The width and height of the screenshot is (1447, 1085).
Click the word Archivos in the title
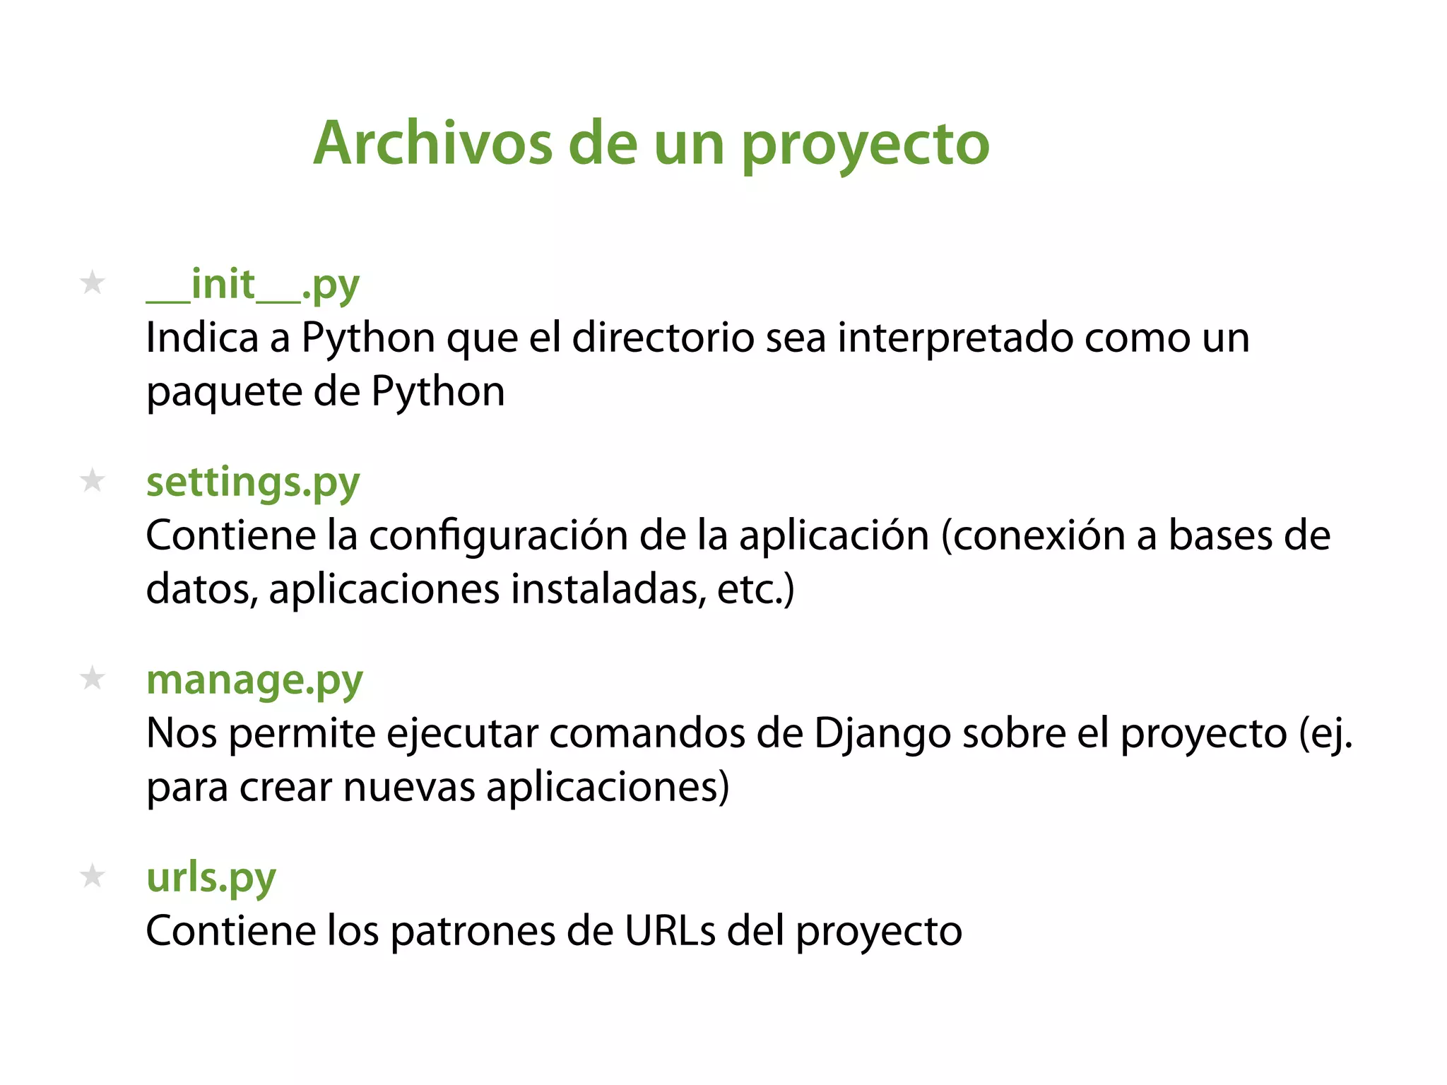tap(432, 143)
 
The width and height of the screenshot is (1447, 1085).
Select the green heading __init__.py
tap(253, 285)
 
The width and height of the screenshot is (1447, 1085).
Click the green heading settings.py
tap(253, 483)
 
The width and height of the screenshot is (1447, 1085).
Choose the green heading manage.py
tap(254, 681)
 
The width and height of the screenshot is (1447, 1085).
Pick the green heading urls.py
tap(211, 879)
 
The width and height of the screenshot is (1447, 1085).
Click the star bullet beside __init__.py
tap(93, 283)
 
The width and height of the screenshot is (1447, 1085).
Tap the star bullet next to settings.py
tap(93, 481)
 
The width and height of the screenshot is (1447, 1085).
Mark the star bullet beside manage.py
tap(93, 679)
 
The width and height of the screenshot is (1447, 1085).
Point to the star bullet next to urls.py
tap(93, 877)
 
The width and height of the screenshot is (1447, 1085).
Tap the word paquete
tap(224, 393)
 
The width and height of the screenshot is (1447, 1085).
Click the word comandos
tap(646, 733)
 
